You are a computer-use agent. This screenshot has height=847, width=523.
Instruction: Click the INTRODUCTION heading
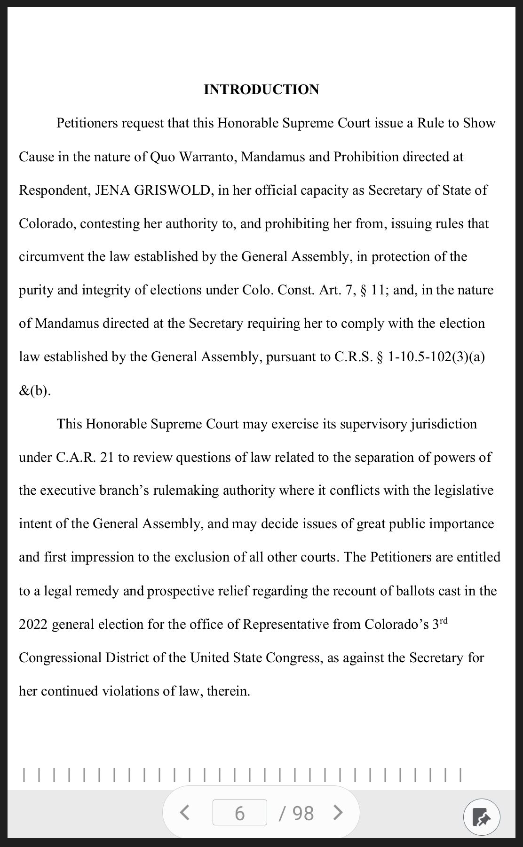[261, 89]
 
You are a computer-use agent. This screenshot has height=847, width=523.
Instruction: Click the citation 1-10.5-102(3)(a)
[436, 357]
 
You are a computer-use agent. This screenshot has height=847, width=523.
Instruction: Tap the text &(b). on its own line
[35, 391]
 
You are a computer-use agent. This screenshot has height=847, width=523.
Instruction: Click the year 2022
[33, 625]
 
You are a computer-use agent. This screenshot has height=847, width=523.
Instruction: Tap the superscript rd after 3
[444, 621]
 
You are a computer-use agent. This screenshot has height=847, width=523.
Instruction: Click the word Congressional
[60, 658]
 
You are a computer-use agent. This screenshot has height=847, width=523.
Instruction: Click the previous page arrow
[185, 812]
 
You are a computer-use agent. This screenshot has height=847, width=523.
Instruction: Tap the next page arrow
[338, 812]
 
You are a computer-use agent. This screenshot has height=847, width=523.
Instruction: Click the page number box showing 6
[239, 813]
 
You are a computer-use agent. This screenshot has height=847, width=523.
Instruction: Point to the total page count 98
[302, 813]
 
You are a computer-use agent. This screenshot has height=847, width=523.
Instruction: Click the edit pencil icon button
[481, 817]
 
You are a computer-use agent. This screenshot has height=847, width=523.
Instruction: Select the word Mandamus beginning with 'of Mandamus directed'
[67, 324]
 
